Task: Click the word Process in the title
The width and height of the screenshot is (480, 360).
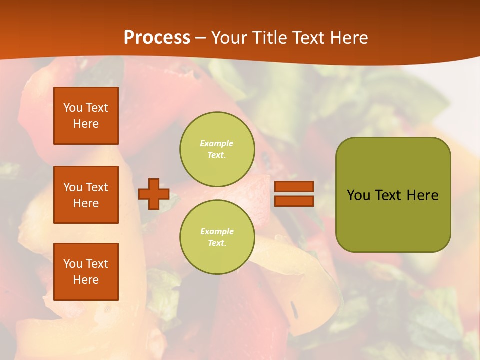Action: (x=157, y=37)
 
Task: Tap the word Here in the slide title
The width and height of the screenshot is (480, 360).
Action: (x=347, y=37)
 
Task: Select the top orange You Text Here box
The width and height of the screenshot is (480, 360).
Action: (x=86, y=116)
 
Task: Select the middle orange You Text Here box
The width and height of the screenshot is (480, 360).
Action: (x=86, y=195)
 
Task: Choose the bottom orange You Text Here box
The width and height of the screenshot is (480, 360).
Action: (x=86, y=272)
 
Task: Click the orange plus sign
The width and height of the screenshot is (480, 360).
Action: (x=154, y=194)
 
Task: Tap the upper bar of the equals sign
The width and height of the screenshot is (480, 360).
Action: (x=294, y=187)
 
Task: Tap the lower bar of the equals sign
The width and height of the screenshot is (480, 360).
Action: (x=294, y=201)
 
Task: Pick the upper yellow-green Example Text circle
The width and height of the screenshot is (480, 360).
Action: (x=217, y=149)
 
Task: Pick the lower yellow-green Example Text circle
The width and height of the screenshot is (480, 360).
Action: (x=217, y=237)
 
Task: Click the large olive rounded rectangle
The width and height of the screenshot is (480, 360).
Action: (x=393, y=220)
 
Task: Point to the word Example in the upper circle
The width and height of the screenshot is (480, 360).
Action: (x=217, y=143)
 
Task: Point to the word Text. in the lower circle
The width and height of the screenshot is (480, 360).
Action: (x=217, y=243)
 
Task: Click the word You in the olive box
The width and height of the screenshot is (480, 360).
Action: (x=358, y=195)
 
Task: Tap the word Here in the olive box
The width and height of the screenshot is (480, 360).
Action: (x=422, y=195)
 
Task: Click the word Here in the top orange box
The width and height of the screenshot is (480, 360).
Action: (x=86, y=124)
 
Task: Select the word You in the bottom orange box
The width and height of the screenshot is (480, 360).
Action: (x=73, y=264)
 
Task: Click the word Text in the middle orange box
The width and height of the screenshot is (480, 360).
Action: (x=97, y=187)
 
